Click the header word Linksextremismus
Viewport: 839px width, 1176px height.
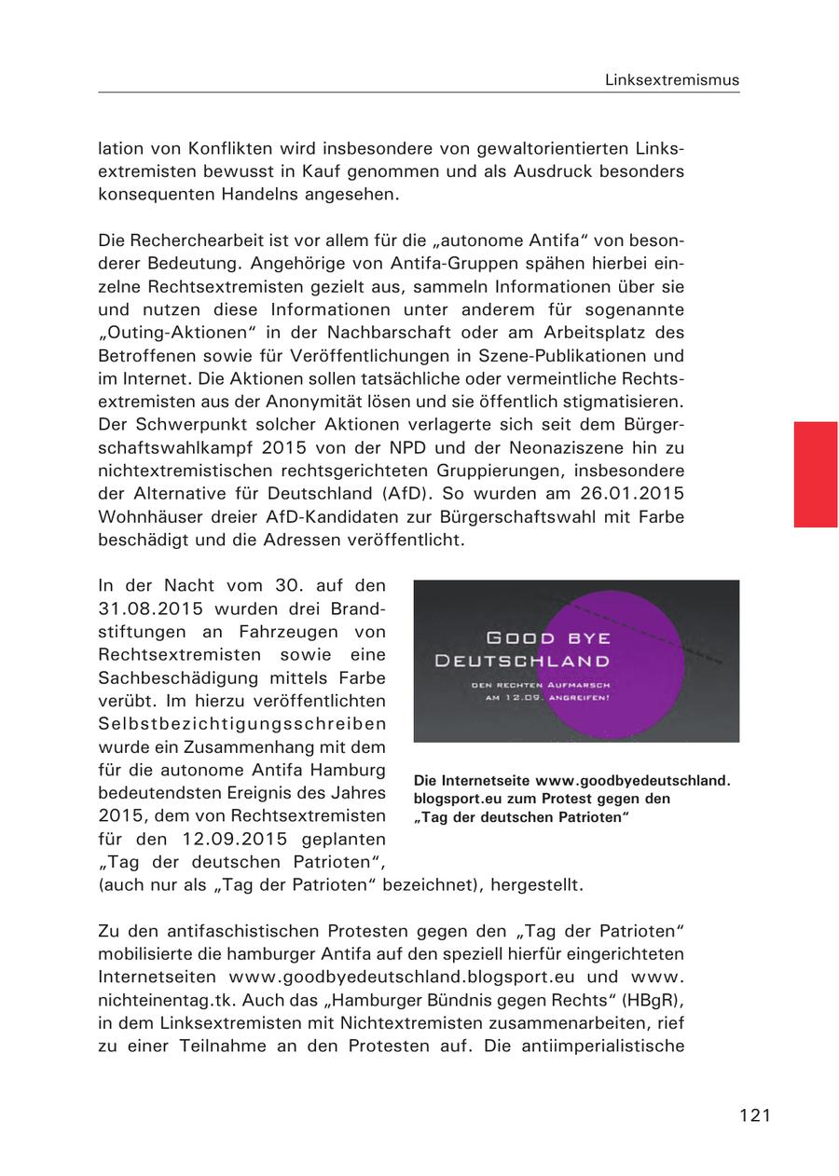tap(671, 80)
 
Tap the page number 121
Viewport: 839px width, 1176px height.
tap(755, 1114)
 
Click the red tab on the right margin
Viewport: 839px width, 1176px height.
tap(815, 473)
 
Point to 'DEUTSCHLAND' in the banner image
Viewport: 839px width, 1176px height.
tap(522, 661)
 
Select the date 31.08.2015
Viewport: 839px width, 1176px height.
tap(150, 608)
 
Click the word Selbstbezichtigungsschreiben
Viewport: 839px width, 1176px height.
tap(241, 723)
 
